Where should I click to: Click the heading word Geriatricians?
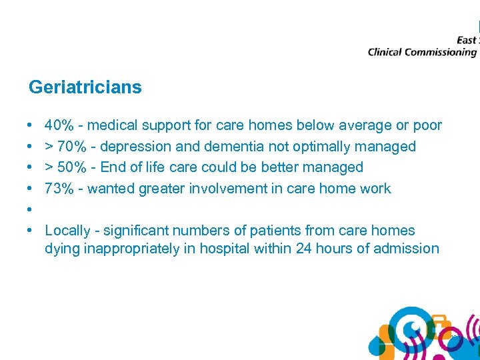[x=85, y=87]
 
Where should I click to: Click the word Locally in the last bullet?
[x=67, y=231]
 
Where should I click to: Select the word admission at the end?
[x=408, y=249]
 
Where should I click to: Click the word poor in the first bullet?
[x=427, y=125]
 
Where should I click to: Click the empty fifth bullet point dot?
[x=31, y=210]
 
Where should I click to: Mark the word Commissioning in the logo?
[x=441, y=52]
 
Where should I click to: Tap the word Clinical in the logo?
[x=385, y=52]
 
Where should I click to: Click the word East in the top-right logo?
[x=466, y=40]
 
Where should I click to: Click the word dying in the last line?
[x=61, y=249]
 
